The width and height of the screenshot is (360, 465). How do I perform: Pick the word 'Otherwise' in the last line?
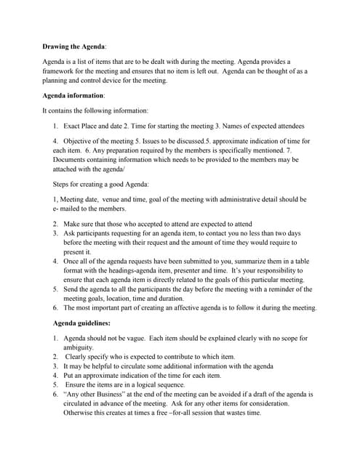[81, 413]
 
